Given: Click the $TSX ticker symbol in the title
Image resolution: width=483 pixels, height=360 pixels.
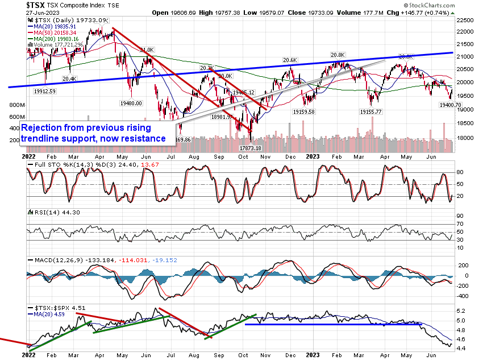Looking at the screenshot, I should pyautogui.click(x=36, y=4).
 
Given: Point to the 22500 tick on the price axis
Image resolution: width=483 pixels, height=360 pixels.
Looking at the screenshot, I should pyautogui.click(x=467, y=20).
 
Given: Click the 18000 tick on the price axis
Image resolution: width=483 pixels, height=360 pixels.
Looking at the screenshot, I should pyautogui.click(x=467, y=138).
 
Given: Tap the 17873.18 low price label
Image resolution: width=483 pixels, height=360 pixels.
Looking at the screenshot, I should pyautogui.click(x=251, y=148).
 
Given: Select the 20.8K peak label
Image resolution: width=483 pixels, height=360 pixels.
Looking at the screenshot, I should pyautogui.click(x=338, y=55).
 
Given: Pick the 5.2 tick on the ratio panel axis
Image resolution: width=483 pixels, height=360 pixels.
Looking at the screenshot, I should pyautogui.click(x=462, y=311).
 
